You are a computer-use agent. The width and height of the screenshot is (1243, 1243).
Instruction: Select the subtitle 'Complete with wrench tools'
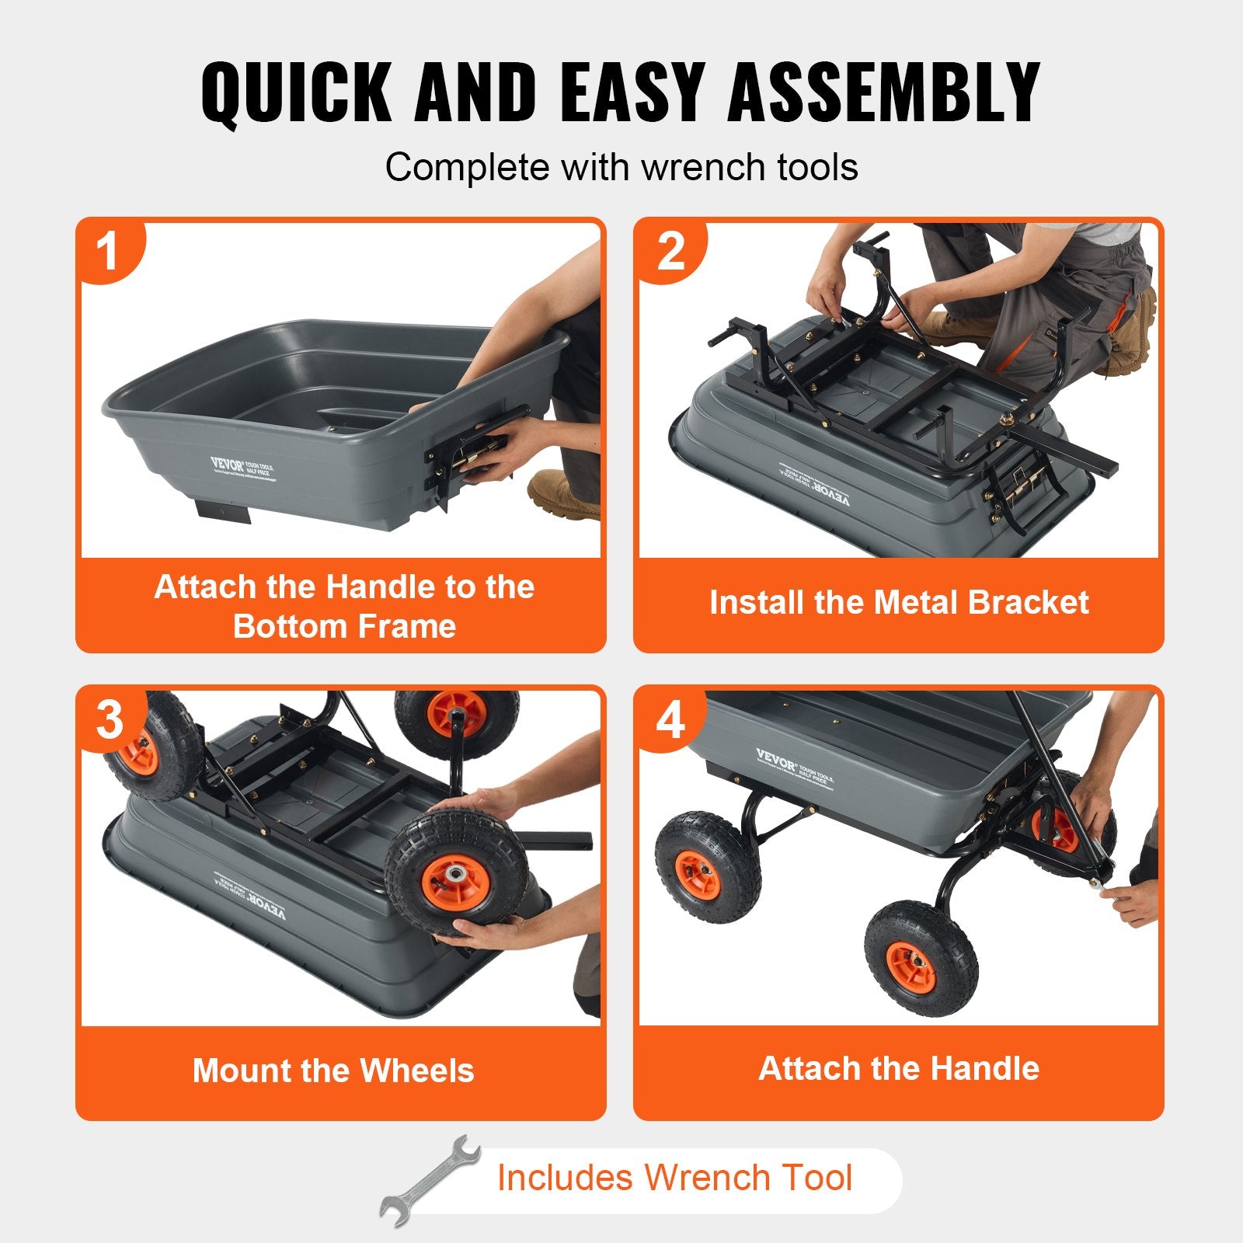pos(621,167)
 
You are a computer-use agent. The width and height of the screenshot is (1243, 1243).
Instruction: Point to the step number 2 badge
pos(670,252)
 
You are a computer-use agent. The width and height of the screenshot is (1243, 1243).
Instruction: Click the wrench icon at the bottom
pos(430,1180)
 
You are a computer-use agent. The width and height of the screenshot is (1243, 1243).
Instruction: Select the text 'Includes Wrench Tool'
pos(674,1177)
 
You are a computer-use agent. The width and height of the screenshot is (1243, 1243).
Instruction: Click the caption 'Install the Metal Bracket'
pos(899,603)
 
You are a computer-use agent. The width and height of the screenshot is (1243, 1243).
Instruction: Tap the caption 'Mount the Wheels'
pos(333,1071)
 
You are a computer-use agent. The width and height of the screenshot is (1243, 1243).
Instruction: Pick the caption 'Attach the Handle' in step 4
pos(899,1068)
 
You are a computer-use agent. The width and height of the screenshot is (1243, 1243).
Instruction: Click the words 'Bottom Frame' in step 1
pos(344,626)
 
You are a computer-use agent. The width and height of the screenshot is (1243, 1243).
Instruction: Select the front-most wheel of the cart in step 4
pos(921,959)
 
